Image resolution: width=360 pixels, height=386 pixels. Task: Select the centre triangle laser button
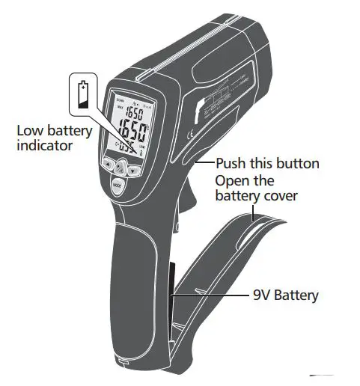tap(120, 168)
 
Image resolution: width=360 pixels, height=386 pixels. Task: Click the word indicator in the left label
tap(45, 145)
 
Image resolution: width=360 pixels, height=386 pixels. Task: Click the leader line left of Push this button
tap(204, 161)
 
